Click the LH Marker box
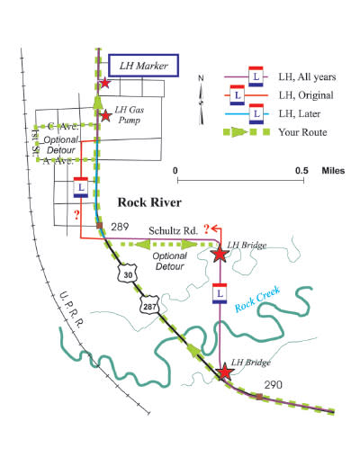(x=143, y=66)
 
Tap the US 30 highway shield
(x=128, y=273)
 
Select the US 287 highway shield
(x=149, y=305)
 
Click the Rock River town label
(x=149, y=202)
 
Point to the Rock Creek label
(x=257, y=299)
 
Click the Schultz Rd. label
(x=173, y=231)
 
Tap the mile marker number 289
(x=120, y=227)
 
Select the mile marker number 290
(x=273, y=385)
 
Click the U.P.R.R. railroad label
(x=71, y=309)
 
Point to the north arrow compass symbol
(x=202, y=101)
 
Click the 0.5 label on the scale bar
(x=301, y=171)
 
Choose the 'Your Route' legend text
(x=302, y=132)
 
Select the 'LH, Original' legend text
(x=306, y=95)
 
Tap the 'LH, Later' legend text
(x=300, y=114)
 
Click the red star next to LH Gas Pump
(x=105, y=116)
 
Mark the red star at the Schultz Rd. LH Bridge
(x=220, y=254)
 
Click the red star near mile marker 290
(x=225, y=372)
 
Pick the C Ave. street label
(x=63, y=127)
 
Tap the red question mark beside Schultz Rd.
(x=206, y=229)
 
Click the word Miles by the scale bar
(x=333, y=171)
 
